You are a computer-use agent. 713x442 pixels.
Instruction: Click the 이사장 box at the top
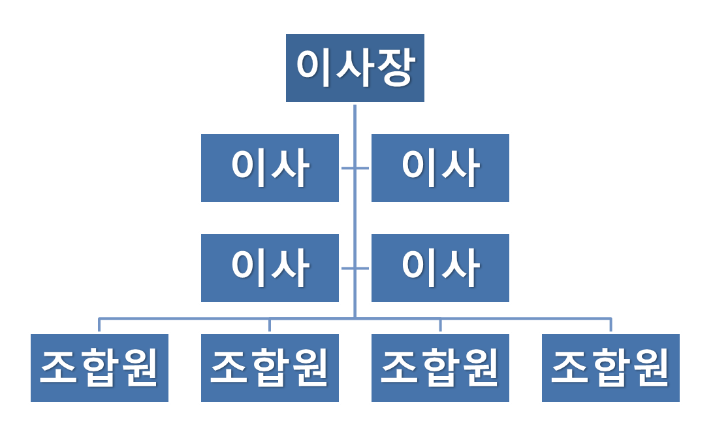355,68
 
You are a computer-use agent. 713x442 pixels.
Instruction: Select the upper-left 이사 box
270,168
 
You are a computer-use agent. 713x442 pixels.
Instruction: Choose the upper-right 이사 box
440,168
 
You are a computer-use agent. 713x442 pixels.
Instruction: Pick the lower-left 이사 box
270,268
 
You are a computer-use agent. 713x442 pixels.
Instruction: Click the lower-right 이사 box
440,268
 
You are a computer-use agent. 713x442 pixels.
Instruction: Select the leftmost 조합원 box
100,368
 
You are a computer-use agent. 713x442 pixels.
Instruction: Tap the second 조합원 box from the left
270,368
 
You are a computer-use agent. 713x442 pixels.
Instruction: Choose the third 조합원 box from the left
440,368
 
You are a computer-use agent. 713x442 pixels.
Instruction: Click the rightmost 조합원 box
610,368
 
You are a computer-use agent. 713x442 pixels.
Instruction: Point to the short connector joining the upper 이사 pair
355,168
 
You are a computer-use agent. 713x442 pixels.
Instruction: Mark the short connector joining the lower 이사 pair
355,268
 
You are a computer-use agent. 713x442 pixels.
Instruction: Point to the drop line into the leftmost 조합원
99,325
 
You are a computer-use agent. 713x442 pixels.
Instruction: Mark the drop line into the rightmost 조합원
610,325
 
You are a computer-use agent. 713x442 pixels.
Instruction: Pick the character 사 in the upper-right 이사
461,168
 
